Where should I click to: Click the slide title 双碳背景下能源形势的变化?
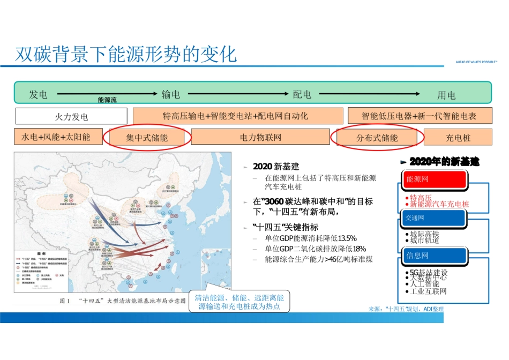pyautogui.click(x=126, y=54)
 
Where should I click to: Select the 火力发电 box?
pyautogui.click(x=71, y=116)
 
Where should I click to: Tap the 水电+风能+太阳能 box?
pyautogui.click(x=56, y=137)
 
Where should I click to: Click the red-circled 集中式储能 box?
pyautogui.click(x=147, y=138)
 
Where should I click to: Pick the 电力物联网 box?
pyautogui.click(x=260, y=137)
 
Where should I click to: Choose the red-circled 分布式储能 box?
pyautogui.click(x=377, y=138)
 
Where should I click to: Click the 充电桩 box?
pyautogui.click(x=458, y=137)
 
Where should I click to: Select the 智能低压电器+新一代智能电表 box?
pyautogui.click(x=419, y=116)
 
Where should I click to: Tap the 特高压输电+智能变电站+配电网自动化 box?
pyautogui.click(x=237, y=116)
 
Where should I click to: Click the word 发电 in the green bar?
pyautogui.click(x=39, y=95)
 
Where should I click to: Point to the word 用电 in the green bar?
pyautogui.click(x=446, y=95)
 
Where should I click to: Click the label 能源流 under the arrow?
pyautogui.click(x=107, y=100)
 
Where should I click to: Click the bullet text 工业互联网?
pyautogui.click(x=428, y=292)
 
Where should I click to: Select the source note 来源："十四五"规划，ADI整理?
pyautogui.click(x=406, y=309)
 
